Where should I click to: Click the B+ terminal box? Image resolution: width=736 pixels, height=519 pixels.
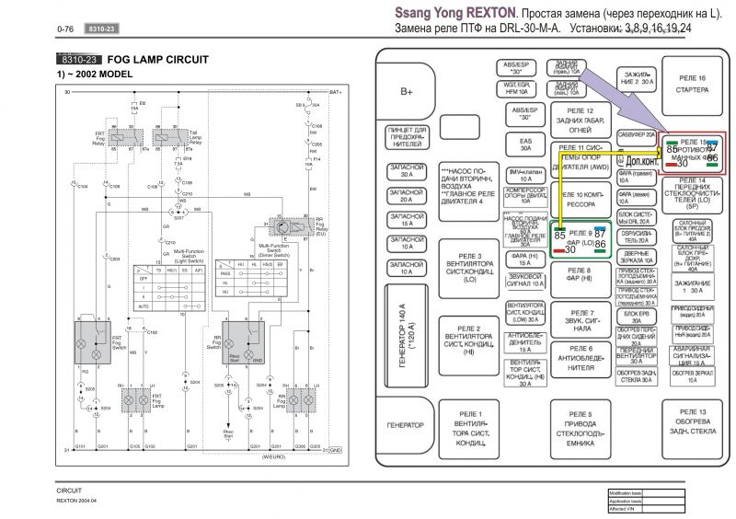click(x=407, y=92)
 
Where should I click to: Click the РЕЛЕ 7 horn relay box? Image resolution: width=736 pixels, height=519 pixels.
click(x=581, y=320)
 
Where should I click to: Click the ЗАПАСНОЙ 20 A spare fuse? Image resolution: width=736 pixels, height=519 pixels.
click(x=407, y=195)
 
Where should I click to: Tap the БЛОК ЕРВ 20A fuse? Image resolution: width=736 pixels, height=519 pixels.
click(x=636, y=313)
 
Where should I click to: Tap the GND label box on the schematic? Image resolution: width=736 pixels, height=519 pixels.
click(x=336, y=449)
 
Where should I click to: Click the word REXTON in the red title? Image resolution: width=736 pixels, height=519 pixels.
click(x=488, y=16)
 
